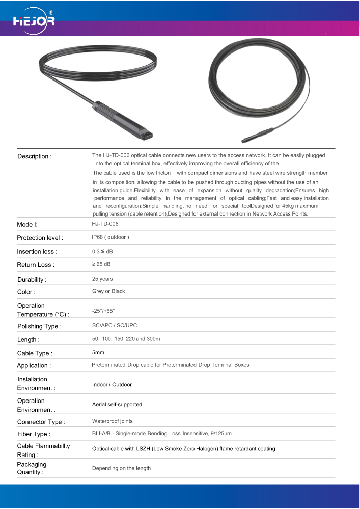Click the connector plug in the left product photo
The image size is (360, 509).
click(123, 121)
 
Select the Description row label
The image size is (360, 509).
click(35, 156)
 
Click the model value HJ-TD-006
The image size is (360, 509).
click(105, 224)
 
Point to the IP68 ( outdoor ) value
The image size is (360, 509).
click(110, 237)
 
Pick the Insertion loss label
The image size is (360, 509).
click(37, 252)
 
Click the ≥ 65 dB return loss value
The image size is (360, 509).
click(101, 264)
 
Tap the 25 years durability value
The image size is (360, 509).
click(102, 279)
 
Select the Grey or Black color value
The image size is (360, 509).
click(108, 291)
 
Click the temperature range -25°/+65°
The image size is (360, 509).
click(103, 310)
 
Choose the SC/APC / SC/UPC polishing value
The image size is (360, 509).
click(115, 325)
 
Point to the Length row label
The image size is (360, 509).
click(29, 340)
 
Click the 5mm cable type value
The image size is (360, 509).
click(98, 352)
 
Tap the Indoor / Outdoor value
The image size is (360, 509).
click(112, 385)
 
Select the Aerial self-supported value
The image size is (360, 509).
click(117, 405)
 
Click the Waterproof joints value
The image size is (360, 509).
click(113, 421)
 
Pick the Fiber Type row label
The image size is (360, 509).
click(34, 434)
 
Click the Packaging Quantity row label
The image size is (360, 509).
click(32, 468)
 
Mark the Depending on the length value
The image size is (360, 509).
click(121, 468)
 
